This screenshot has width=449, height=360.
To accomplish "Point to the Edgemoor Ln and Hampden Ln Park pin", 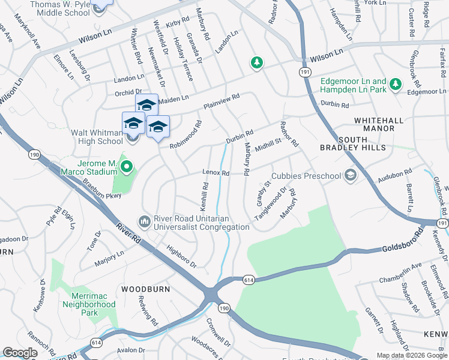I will [396, 85].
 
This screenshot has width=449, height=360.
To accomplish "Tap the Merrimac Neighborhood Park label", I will [89, 304].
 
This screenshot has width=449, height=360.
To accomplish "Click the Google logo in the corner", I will [20, 353].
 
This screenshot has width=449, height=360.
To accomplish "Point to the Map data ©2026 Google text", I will [411, 355].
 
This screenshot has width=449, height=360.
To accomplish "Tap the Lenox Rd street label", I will [217, 173].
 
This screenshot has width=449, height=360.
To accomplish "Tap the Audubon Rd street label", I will [394, 175].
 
